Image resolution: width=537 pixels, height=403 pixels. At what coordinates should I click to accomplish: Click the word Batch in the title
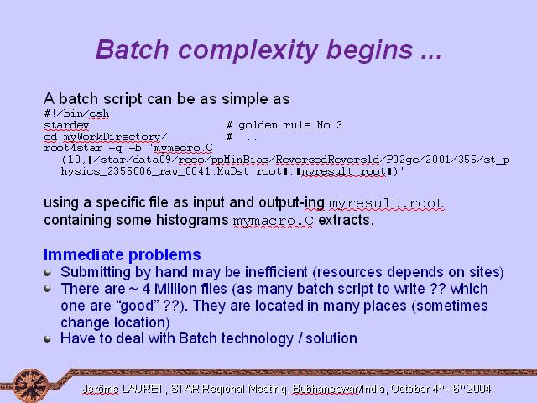(x=133, y=50)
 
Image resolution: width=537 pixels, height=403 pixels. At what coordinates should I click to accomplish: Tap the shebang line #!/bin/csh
(x=76, y=113)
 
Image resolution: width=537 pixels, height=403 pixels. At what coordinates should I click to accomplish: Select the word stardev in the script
(x=66, y=125)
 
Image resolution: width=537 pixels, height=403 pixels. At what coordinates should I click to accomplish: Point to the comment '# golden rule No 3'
(x=284, y=125)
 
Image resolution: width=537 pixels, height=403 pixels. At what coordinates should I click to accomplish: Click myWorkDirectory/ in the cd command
(x=115, y=137)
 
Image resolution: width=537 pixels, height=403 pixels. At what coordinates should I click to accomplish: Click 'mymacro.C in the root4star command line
(x=182, y=148)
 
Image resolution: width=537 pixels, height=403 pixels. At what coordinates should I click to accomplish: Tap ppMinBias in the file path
(x=240, y=160)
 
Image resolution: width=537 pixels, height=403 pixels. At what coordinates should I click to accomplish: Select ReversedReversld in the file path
(x=327, y=160)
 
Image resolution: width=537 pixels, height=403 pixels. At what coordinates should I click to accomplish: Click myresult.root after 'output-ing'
(x=386, y=203)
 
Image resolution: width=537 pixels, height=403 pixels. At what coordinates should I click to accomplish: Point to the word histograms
(x=192, y=220)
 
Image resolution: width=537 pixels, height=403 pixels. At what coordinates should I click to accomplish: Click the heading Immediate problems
(x=122, y=254)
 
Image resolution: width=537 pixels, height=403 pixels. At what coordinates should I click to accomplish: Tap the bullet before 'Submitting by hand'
(x=47, y=272)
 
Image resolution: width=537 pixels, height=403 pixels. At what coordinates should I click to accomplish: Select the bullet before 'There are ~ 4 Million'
(x=47, y=289)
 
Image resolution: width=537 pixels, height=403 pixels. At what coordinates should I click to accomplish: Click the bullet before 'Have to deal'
(x=47, y=339)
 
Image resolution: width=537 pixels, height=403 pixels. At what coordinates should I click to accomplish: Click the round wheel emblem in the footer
(x=31, y=385)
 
